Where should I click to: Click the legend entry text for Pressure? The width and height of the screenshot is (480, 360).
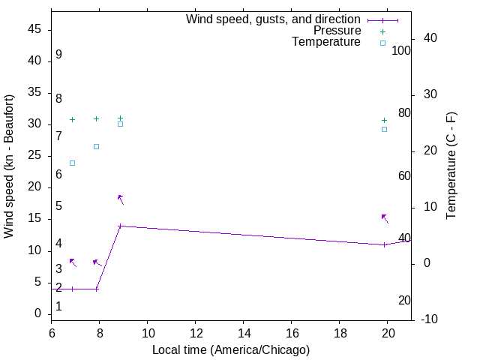[x=337, y=31]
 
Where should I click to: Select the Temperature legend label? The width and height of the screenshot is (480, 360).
[x=326, y=42]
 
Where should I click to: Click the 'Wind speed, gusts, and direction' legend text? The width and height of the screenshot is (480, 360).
[x=273, y=19]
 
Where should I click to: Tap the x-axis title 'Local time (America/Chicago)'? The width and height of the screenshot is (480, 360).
[x=231, y=350]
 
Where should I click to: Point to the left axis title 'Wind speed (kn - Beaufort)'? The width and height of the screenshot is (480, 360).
[x=9, y=166]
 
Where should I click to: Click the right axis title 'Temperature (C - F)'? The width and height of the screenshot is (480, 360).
[x=451, y=166]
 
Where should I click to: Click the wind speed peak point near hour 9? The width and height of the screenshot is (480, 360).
[x=120, y=226]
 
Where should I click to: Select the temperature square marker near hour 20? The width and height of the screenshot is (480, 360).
[x=384, y=129]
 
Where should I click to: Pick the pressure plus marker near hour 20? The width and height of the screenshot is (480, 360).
[x=384, y=120]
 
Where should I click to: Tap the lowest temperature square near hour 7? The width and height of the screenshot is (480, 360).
[x=72, y=163]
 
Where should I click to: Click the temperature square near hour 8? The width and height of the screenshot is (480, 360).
[x=96, y=146]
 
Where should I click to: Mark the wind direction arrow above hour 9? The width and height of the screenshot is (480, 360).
[x=120, y=199]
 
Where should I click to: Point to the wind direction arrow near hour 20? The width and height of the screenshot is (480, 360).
[x=385, y=218]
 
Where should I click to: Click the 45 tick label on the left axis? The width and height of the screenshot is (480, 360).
[x=34, y=29]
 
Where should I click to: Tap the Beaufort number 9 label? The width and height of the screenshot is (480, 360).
[x=58, y=55]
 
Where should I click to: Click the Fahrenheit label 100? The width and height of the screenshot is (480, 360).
[x=401, y=50]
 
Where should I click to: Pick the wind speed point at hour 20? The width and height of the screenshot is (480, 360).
[x=384, y=244]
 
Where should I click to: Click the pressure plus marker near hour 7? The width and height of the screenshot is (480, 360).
[x=72, y=119]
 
